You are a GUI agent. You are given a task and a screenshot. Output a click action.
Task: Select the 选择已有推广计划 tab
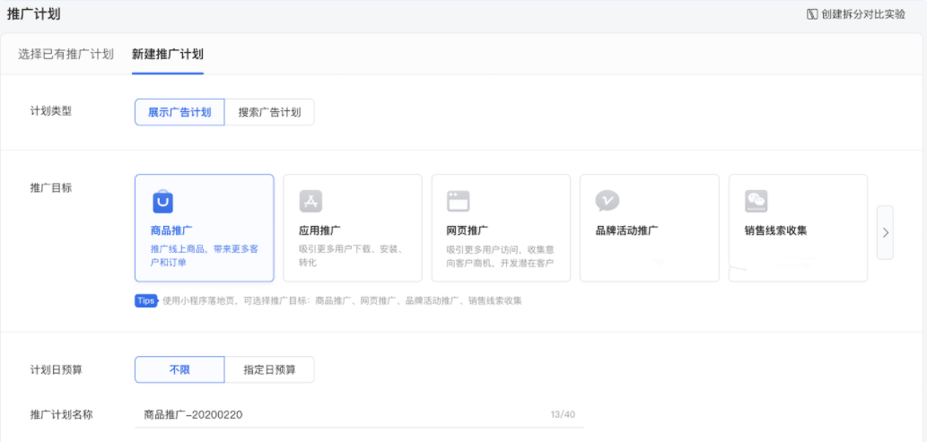(x=66, y=54)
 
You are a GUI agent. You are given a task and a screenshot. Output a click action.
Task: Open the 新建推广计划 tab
(x=168, y=54)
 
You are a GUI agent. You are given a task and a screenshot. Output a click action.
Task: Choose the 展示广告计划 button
(x=179, y=112)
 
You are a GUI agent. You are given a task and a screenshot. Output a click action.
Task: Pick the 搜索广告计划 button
(x=269, y=112)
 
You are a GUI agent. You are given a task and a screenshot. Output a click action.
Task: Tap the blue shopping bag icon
(x=162, y=201)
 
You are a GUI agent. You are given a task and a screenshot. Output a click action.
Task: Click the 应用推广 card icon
(x=310, y=201)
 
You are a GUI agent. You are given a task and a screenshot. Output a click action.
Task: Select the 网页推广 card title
(x=467, y=230)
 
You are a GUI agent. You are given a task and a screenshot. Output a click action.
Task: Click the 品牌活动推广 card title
(x=626, y=230)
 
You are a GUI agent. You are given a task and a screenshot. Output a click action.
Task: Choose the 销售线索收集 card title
(x=775, y=230)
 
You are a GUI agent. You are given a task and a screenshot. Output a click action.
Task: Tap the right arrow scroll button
(x=885, y=232)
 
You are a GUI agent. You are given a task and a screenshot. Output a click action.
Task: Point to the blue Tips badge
(x=146, y=300)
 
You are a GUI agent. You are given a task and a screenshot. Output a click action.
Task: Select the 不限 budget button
(x=179, y=369)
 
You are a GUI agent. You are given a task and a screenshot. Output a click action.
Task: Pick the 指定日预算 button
(x=269, y=369)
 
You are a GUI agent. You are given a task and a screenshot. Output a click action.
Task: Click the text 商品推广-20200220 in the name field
(x=193, y=414)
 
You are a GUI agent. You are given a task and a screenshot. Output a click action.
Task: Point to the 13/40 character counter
(x=563, y=414)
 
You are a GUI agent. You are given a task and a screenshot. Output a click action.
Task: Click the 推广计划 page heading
(x=34, y=14)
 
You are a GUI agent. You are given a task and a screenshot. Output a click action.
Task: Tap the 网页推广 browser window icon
(x=459, y=201)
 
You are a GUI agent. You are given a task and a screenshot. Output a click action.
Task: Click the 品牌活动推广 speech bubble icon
(x=608, y=201)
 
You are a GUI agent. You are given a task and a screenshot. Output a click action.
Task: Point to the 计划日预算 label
(x=57, y=369)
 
